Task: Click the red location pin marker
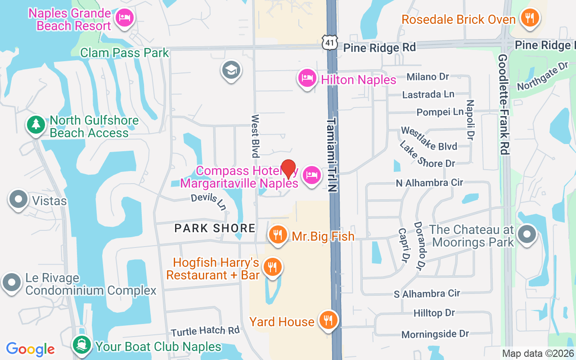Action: click(288, 169)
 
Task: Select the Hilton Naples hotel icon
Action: click(307, 78)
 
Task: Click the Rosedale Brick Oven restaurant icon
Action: click(530, 18)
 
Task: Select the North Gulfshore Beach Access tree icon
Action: click(35, 125)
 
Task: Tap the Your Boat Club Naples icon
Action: click(81, 346)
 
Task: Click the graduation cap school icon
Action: click(231, 70)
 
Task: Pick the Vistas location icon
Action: click(19, 199)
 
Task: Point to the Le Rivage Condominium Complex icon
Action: click(12, 283)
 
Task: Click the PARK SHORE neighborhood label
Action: click(215, 228)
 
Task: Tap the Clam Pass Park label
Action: click(125, 53)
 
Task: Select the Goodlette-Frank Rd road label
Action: click(504, 104)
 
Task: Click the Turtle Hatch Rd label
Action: click(205, 331)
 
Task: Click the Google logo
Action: click(31, 349)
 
